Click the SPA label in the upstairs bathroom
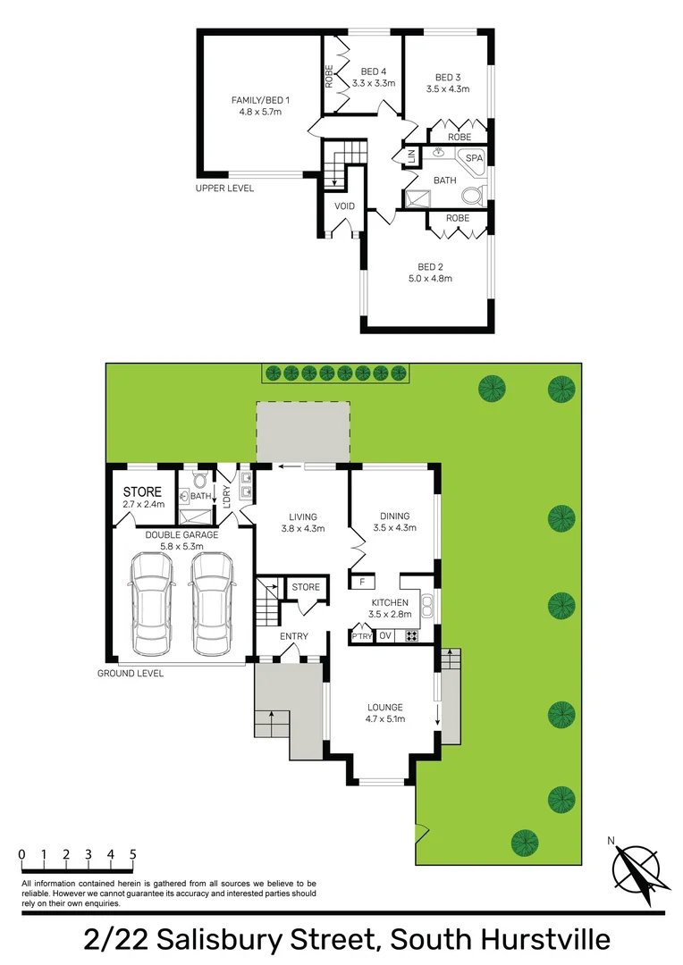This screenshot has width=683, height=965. tap(474, 159)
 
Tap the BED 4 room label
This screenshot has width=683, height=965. tap(374, 71)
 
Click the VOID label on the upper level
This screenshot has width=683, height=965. tap(344, 206)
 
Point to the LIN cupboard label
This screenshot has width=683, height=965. tap(411, 157)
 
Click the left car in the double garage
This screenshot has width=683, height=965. tap(150, 603)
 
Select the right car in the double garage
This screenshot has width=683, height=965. tap(209, 603)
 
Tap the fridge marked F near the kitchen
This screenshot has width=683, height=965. tap(361, 583)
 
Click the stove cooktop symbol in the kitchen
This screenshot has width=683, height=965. tap(412, 636)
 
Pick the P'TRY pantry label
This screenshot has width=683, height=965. tap(361, 636)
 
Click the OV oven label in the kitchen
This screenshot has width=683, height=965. tap(386, 636)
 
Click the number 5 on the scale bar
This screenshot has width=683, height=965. tap(132, 854)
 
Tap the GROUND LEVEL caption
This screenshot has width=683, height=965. tap(131, 673)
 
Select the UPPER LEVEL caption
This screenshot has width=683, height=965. tap(224, 189)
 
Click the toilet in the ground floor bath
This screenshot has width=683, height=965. tap(200, 480)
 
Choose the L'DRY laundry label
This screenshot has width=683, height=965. tap(227, 495)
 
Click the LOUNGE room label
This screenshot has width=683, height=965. tap(384, 708)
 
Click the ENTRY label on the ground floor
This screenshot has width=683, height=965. tap(293, 636)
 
